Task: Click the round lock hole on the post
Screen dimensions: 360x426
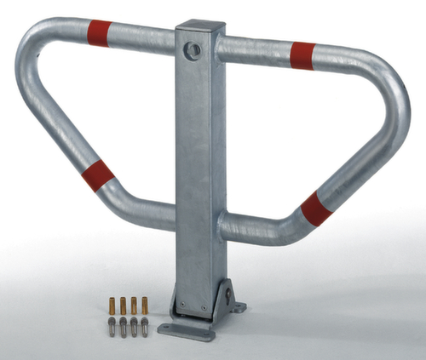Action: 194,50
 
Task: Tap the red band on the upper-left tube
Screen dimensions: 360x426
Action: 100,33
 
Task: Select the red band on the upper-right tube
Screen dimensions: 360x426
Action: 302,55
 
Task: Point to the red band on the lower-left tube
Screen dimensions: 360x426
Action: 98,175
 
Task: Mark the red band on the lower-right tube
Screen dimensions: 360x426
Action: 316,209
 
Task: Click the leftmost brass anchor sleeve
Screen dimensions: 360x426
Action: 112,305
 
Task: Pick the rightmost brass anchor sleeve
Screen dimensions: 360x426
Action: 144,304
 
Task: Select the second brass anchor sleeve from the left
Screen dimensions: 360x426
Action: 123,305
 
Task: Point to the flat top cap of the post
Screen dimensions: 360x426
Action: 200,26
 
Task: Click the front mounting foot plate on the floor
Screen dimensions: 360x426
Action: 183,331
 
